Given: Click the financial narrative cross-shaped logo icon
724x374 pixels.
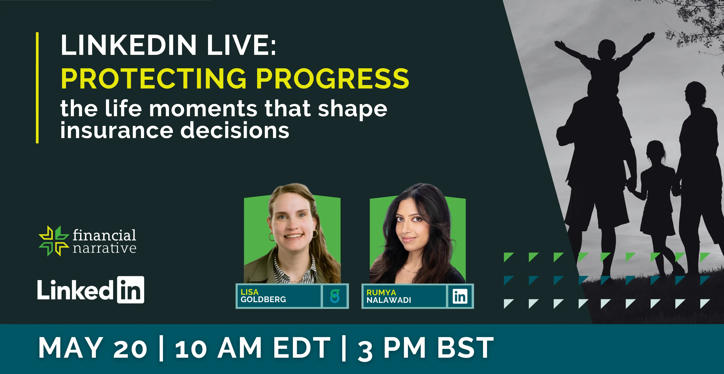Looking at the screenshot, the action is (x=54, y=241).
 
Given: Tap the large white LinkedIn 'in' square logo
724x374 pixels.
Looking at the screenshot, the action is (x=131, y=290).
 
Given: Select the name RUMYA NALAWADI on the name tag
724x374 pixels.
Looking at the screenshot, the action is (x=389, y=296).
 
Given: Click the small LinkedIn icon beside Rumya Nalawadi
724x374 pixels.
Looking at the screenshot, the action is (x=460, y=296).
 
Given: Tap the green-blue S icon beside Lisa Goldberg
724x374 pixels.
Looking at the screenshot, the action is (x=335, y=296).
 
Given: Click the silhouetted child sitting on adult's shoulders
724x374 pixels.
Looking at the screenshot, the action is (x=605, y=70).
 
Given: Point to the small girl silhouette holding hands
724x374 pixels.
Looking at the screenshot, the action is (x=656, y=203).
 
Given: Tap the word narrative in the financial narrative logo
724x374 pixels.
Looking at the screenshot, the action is (x=105, y=248).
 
